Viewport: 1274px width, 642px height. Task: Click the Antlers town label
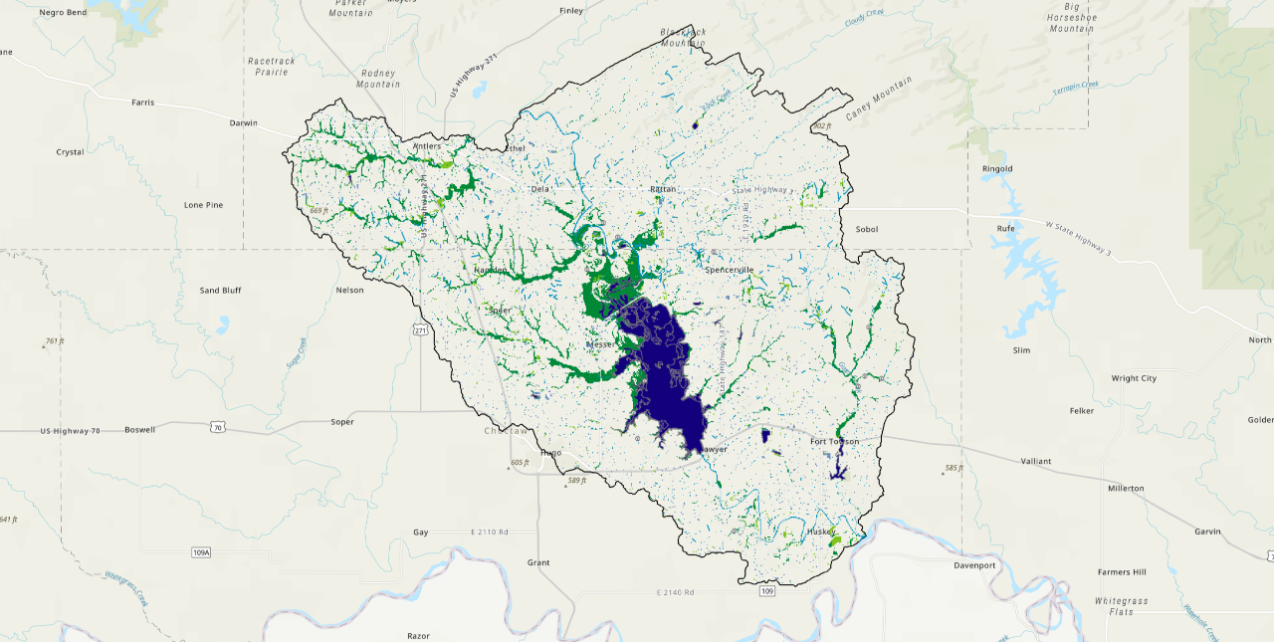[427, 147]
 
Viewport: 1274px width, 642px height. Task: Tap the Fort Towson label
[834, 441]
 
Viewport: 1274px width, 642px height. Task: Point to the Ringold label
[996, 168]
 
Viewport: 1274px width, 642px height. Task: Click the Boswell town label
[140, 430]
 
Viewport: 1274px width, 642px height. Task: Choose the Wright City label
[1134, 378]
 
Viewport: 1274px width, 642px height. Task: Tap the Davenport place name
[974, 565]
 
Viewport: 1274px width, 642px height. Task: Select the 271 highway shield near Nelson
[421, 330]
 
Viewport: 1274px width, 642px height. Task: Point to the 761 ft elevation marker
[54, 341]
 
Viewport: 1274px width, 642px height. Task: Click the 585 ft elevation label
[954, 468]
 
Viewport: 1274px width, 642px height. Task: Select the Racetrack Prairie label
[272, 66]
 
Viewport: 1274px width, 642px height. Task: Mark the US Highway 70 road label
[71, 430]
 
